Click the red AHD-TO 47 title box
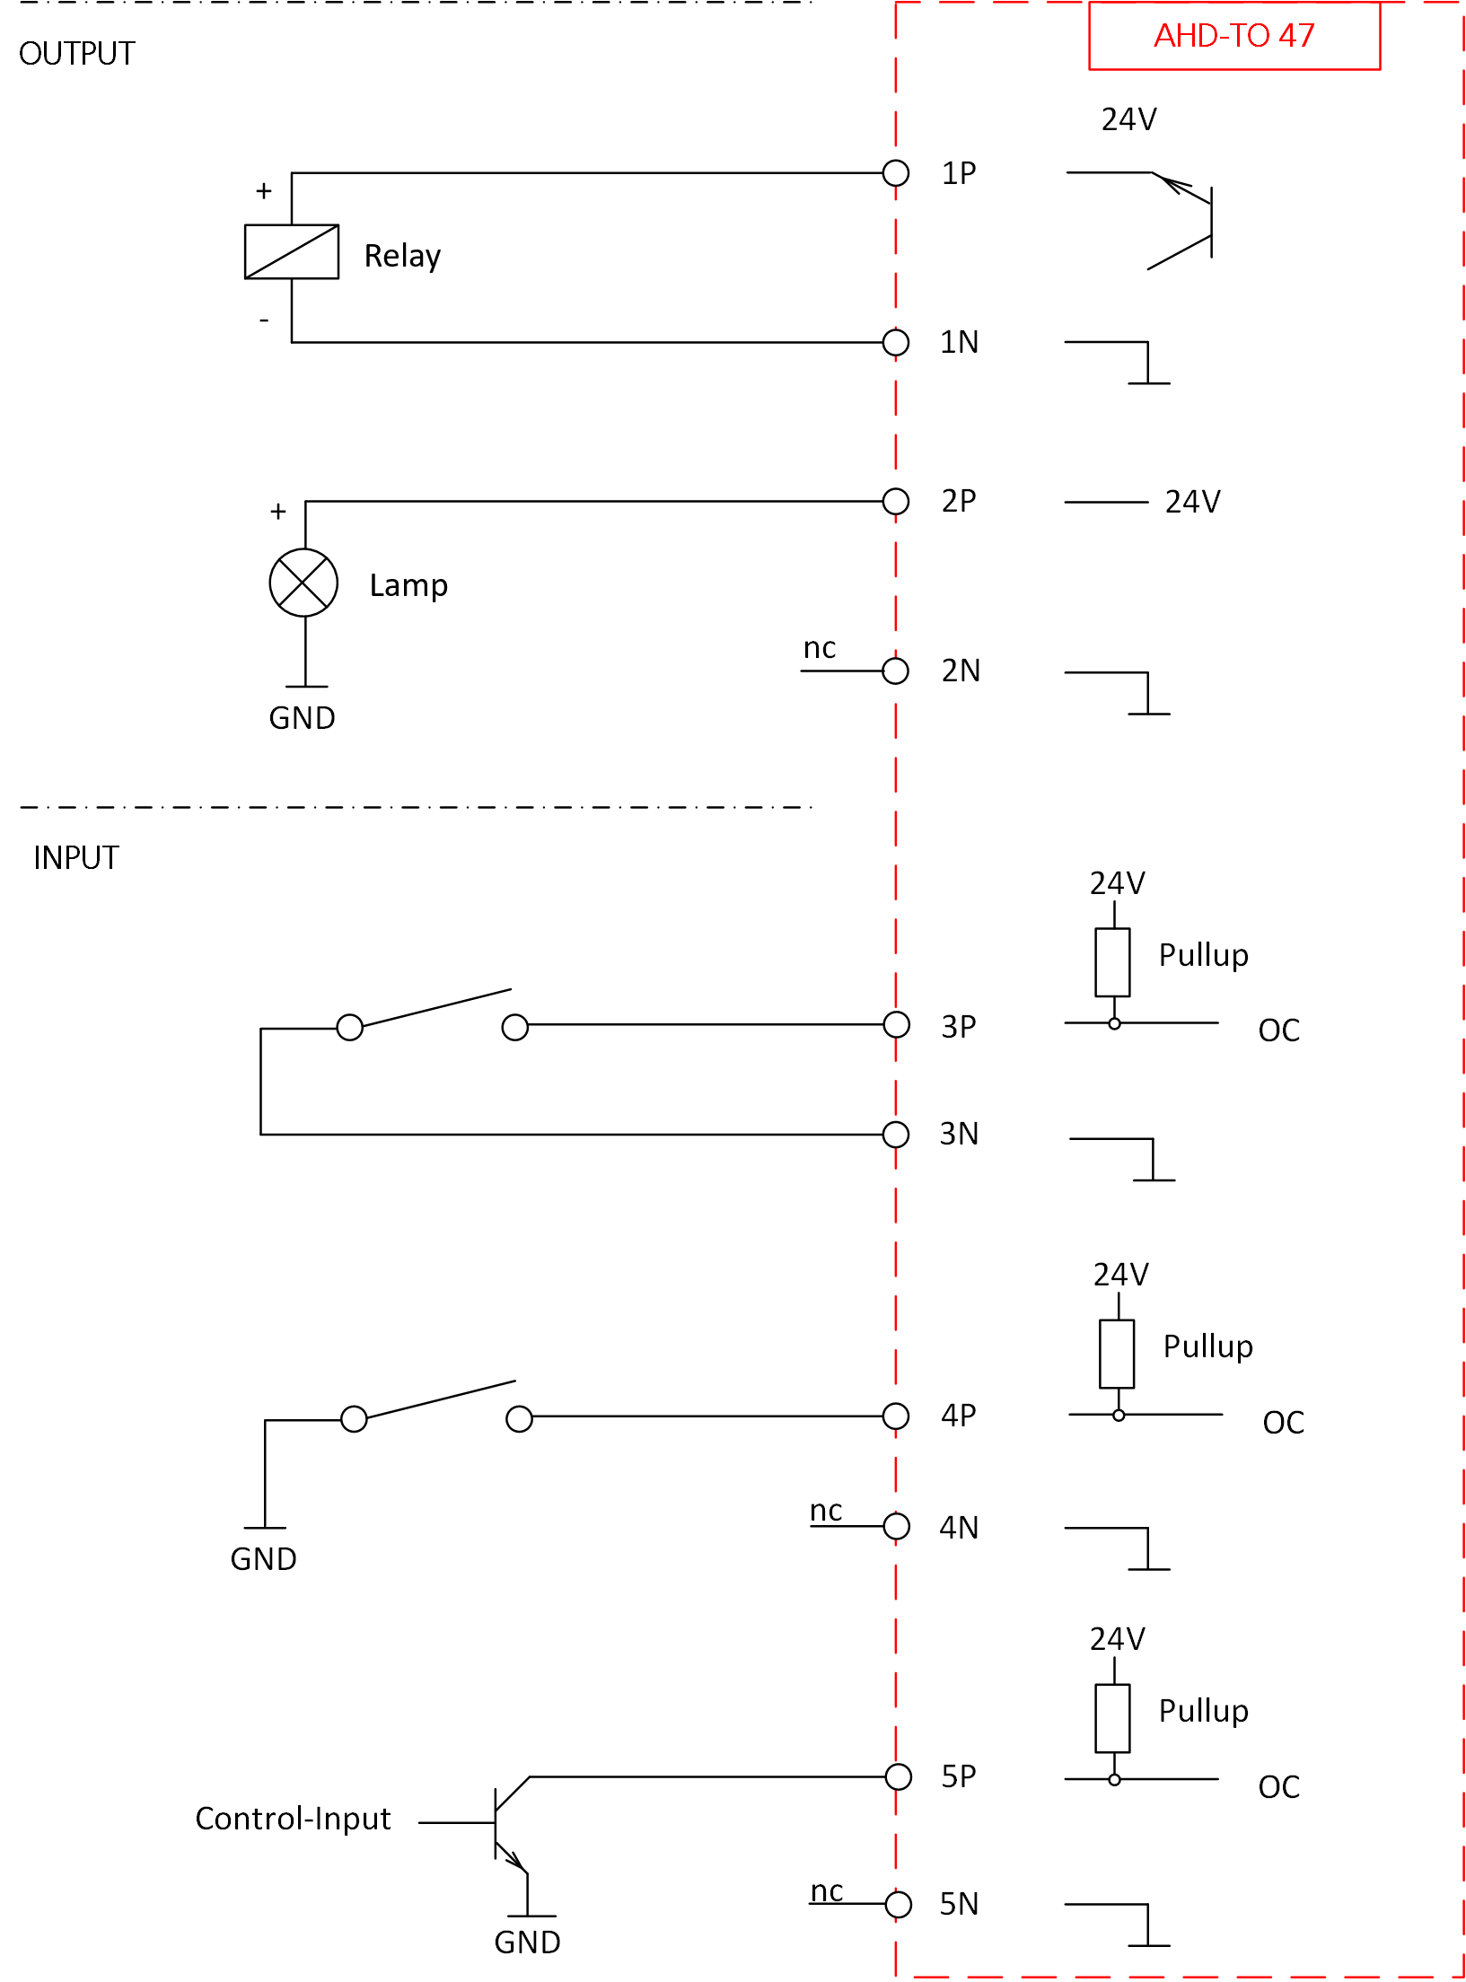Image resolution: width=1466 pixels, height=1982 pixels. point(1234,36)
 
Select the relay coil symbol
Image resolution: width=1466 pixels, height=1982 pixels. point(292,252)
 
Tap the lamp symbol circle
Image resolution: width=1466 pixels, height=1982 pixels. point(304,583)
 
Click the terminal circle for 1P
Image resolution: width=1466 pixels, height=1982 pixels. point(896,173)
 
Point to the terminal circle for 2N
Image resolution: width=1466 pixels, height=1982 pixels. point(896,671)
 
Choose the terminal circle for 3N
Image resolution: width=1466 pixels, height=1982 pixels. point(896,1135)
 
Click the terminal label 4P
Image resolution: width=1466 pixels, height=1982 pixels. point(959,1416)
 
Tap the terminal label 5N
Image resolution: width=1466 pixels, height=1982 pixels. point(959,1903)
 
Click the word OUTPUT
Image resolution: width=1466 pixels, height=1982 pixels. point(76,54)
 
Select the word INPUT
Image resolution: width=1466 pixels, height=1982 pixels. point(76,858)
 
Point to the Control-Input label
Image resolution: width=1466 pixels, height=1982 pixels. point(293,1819)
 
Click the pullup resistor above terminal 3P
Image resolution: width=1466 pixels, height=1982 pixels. point(1113,962)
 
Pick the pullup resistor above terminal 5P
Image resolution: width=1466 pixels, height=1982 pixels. point(1113,1718)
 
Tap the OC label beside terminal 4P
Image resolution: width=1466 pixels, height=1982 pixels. point(1284,1423)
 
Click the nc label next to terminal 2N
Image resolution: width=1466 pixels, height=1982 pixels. point(820,648)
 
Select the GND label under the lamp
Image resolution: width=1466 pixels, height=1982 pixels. point(303,718)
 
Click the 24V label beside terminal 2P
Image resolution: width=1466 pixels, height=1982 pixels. point(1193,502)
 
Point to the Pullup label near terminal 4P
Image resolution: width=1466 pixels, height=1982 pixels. point(1208,1346)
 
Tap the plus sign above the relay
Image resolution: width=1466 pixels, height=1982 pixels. point(264,191)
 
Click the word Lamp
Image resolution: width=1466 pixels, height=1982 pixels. point(408,585)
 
